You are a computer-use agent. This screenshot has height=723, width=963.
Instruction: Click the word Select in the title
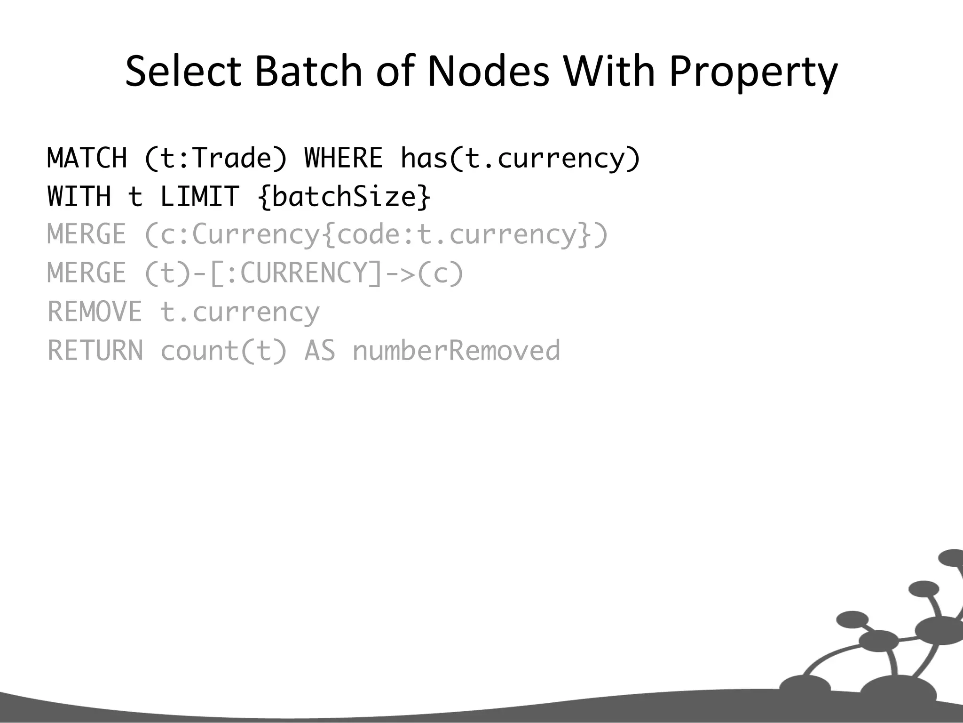182,72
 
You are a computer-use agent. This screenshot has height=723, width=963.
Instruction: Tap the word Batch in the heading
308,72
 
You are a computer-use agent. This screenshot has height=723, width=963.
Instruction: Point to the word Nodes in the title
488,72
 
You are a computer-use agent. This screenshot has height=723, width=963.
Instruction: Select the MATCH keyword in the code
87,158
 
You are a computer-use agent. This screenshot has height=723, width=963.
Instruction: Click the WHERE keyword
343,158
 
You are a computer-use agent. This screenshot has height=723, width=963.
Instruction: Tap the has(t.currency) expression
521,159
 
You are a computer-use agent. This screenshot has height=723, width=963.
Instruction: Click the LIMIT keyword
199,196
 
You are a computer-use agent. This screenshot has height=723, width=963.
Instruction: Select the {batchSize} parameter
344,196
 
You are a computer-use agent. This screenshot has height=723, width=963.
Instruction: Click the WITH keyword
79,196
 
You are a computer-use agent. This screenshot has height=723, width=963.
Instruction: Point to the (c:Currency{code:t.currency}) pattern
376,235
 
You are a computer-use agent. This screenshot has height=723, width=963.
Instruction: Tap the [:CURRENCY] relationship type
296,273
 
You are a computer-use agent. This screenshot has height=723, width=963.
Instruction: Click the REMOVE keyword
95,312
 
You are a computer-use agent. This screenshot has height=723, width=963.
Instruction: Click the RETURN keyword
95,351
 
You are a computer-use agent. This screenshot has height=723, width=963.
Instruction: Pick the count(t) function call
223,351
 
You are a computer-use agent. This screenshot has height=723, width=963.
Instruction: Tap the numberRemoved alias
456,351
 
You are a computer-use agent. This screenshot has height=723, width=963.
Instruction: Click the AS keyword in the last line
320,351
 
